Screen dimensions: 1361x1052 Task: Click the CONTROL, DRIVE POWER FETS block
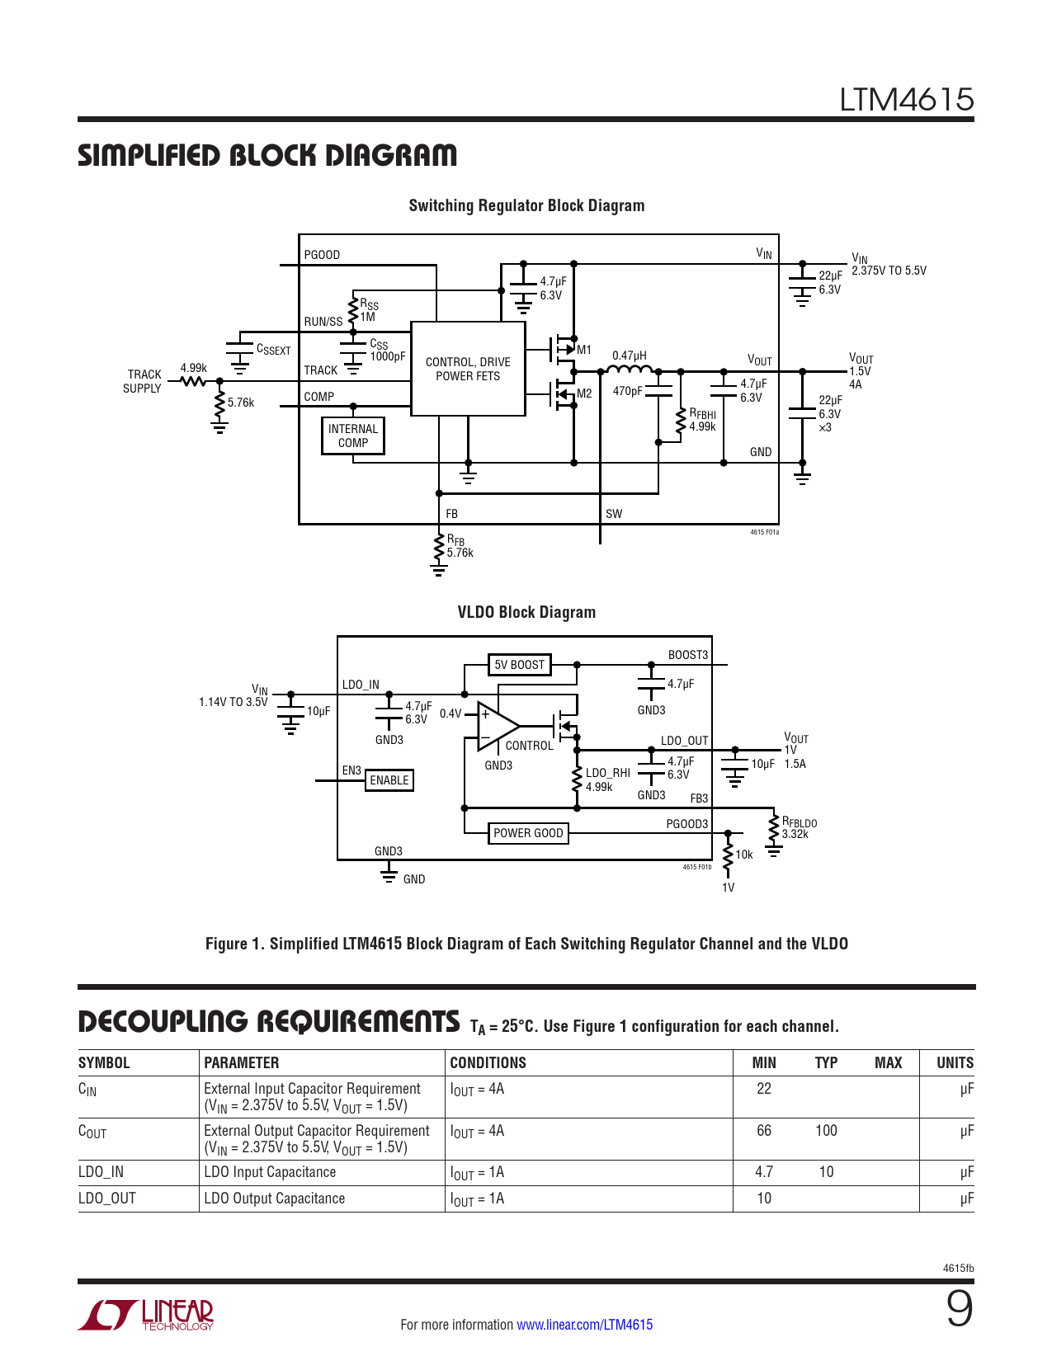[x=468, y=369]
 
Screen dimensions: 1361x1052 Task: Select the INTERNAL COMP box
[x=353, y=436]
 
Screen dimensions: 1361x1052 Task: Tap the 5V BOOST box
[x=519, y=665]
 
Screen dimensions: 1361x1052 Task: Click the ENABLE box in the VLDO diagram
[x=389, y=780]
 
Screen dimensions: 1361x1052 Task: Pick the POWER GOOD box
[x=528, y=833]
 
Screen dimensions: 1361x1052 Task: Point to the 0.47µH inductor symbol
[x=630, y=370]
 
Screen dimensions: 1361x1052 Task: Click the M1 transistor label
[x=584, y=350]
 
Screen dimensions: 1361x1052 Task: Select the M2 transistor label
[x=584, y=393]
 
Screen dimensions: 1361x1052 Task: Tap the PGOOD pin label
[x=322, y=255]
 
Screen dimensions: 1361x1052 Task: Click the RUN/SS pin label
[x=323, y=322]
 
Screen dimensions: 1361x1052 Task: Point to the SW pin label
[x=614, y=514]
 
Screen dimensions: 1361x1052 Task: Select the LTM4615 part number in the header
[x=906, y=100]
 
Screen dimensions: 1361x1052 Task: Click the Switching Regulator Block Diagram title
[x=526, y=205]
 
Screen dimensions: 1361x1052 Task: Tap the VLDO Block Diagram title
[x=526, y=612]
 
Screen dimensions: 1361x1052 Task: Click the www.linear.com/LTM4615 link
[x=584, y=1325]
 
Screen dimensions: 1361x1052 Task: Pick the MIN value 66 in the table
[x=764, y=1130]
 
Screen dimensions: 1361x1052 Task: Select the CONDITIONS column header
[x=488, y=1062]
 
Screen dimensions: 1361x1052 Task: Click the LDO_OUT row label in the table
[x=107, y=1198]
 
